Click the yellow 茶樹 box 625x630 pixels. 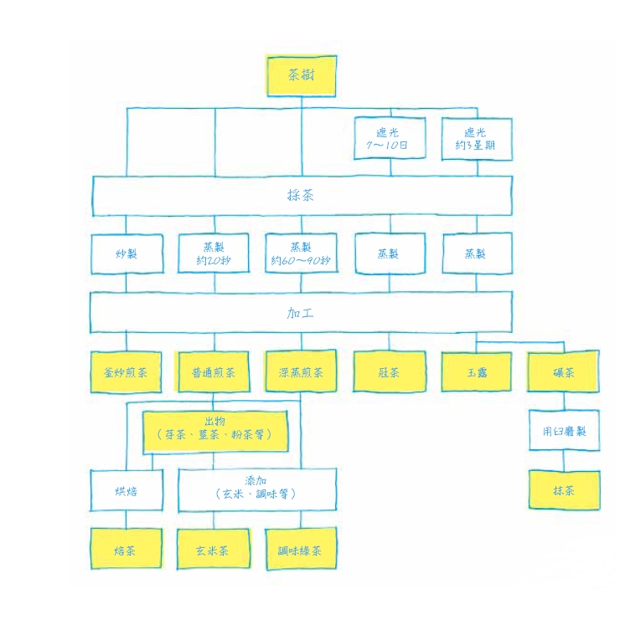pyautogui.click(x=302, y=75)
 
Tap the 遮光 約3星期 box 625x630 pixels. pyautogui.click(x=476, y=138)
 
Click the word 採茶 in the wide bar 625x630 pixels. pyautogui.click(x=302, y=196)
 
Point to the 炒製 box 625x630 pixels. pyautogui.click(x=127, y=254)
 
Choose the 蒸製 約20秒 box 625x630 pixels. pyautogui.click(x=214, y=254)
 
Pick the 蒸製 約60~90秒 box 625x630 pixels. pyautogui.click(x=302, y=254)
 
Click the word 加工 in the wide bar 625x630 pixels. pyautogui.click(x=302, y=313)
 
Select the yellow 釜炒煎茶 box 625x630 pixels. pyautogui.click(x=127, y=372)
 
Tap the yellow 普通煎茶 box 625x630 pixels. pyautogui.click(x=214, y=372)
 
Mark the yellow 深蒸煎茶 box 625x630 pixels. pyautogui.click(x=302, y=372)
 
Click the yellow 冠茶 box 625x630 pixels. pyautogui.click(x=389, y=372)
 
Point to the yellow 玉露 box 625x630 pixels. pyautogui.click(x=476, y=372)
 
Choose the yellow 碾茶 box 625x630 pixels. pyautogui.click(x=564, y=372)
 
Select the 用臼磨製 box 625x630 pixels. pyautogui.click(x=564, y=431)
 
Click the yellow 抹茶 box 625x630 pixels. pyautogui.click(x=564, y=490)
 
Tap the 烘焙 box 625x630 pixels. pyautogui.click(x=127, y=490)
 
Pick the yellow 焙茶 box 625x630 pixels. pyautogui.click(x=127, y=550)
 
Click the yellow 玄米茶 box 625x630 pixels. pyautogui.click(x=214, y=550)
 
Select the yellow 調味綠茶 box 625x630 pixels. pyautogui.click(x=302, y=550)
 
